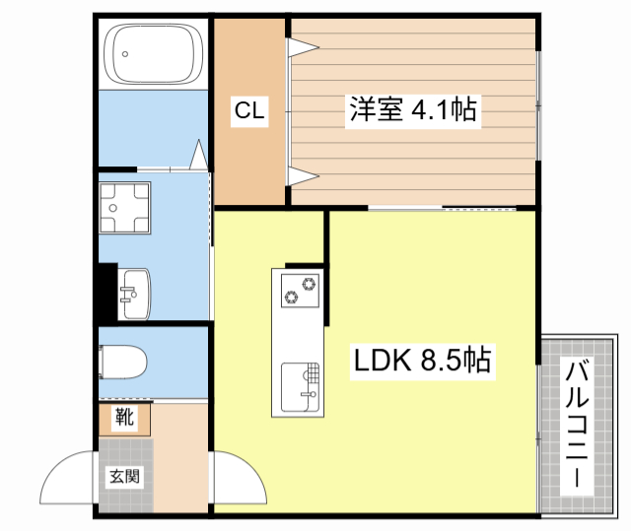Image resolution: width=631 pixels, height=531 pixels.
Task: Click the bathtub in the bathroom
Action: [x=152, y=54]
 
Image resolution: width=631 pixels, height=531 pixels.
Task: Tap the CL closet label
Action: [x=248, y=111]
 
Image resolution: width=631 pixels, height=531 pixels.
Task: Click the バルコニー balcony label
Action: [x=579, y=427]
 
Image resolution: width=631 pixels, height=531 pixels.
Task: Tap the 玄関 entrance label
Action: [x=124, y=477]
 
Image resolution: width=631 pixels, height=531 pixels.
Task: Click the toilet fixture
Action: [x=124, y=363]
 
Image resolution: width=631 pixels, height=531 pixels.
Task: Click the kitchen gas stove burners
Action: [x=299, y=290]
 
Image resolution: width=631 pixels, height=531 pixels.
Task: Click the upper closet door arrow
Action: [x=302, y=45]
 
